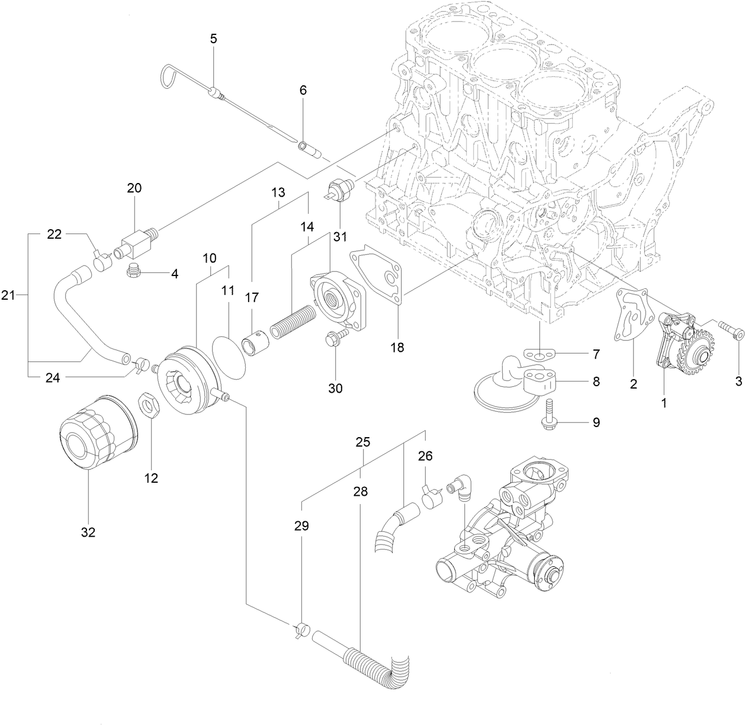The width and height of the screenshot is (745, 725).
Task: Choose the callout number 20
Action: [134, 188]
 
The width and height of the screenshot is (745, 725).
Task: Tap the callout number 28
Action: [361, 492]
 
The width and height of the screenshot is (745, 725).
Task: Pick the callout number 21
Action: [8, 294]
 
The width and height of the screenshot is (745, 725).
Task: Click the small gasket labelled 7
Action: [539, 355]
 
